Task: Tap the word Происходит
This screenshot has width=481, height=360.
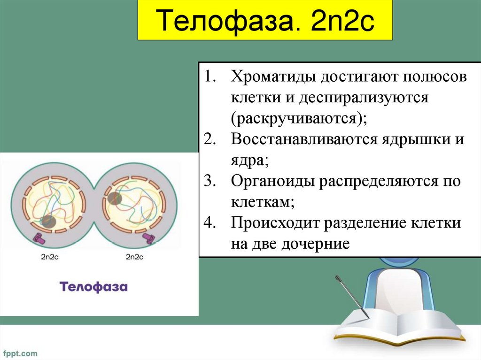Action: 274,222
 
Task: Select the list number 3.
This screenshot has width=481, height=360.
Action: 209,181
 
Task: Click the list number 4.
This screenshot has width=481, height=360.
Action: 209,222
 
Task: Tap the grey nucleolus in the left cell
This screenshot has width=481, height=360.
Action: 48,221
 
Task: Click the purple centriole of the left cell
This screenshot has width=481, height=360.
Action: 39,238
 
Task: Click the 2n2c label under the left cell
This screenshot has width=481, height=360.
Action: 50,257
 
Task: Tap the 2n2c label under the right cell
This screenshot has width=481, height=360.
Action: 135,257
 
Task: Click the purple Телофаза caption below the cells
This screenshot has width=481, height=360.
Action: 93,287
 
